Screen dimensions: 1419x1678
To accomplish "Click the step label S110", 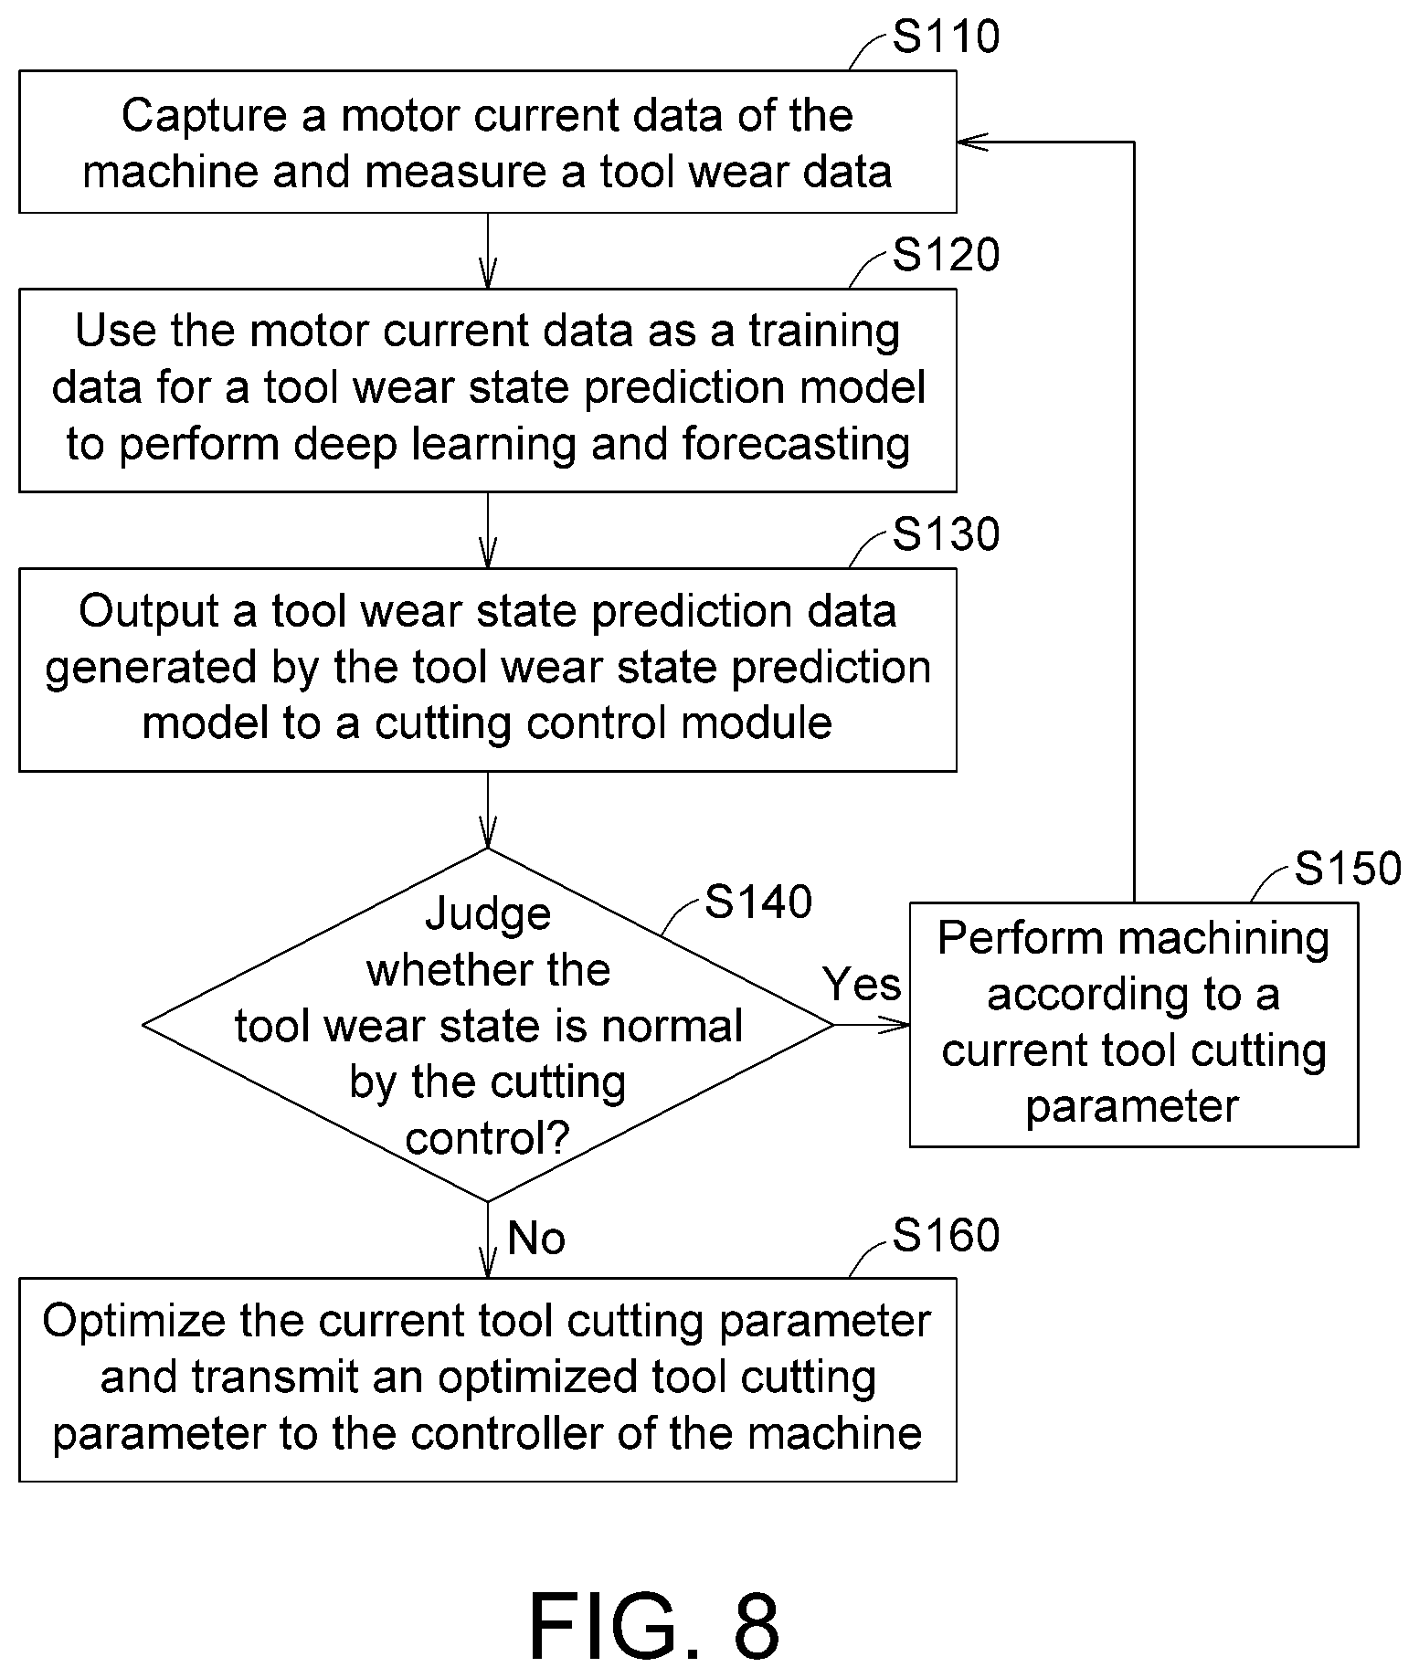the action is pos(946,37).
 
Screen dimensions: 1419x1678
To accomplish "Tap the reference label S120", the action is pos(946,255).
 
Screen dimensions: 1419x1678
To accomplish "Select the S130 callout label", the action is pos(946,534).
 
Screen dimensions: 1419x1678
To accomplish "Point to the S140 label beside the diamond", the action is pos(758,902).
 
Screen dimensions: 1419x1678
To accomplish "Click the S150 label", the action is pos(1348,868).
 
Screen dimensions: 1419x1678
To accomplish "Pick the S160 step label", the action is pos(946,1235).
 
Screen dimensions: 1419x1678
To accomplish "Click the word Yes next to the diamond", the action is pos(862,984).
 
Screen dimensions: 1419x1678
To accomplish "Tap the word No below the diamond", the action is pos(536,1239).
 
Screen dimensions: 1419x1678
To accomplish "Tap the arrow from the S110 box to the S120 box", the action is pos(488,251).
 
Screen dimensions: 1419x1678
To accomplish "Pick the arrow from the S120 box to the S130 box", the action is pos(488,531).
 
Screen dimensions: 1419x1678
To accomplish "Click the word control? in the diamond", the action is pos(488,1139).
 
